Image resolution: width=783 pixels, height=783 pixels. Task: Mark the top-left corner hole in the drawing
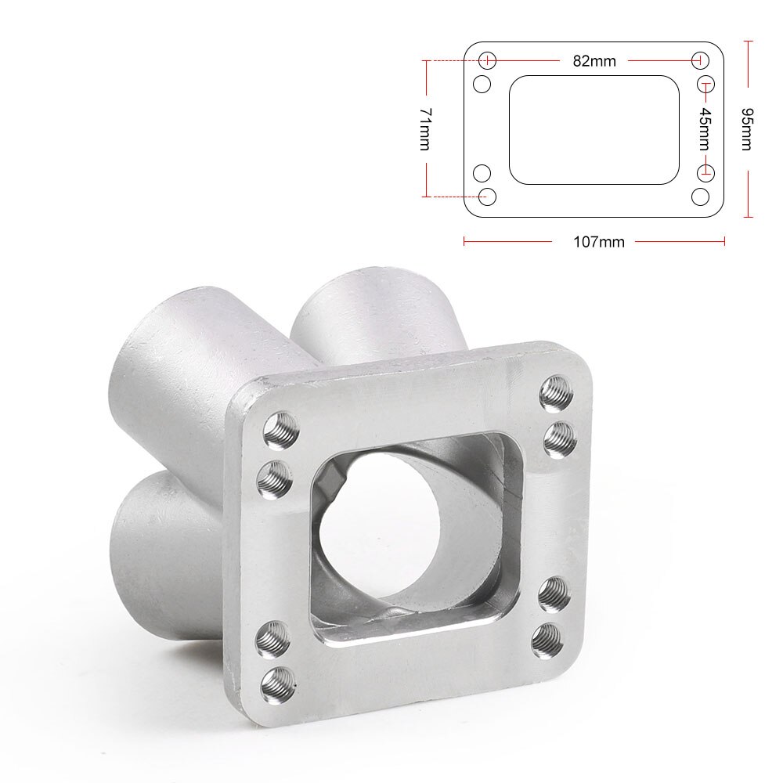487,60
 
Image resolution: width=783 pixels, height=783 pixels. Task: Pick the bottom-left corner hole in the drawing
487,196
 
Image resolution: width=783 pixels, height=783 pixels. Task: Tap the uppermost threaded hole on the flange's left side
280,430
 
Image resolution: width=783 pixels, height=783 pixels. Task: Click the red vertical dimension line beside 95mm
749,63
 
